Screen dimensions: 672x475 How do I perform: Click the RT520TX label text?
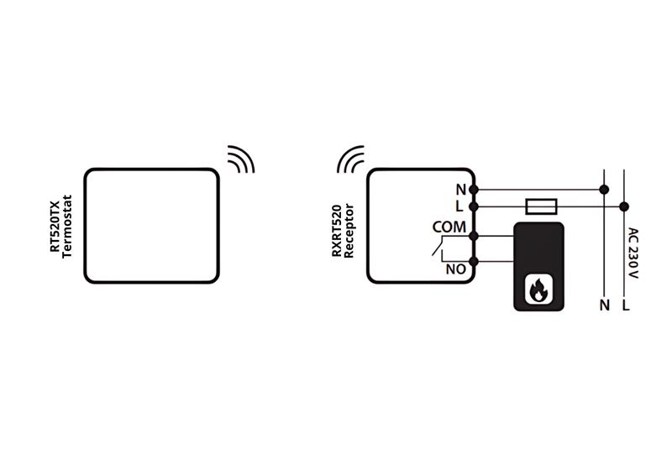55,227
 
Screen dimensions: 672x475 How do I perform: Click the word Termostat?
67,227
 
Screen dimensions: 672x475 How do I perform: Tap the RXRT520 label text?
337,231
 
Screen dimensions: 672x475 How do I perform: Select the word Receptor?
349,231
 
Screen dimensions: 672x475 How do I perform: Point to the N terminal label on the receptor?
460,190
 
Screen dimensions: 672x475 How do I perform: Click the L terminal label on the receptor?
459,207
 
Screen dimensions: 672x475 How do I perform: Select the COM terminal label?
449,227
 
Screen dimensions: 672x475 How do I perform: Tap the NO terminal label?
455,269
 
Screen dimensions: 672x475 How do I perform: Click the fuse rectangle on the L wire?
541,206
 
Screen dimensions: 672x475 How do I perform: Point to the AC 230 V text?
633,253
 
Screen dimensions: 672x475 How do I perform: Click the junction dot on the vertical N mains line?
604,190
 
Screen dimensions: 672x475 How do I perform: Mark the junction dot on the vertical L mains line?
624,207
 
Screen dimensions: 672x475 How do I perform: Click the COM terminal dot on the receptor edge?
474,236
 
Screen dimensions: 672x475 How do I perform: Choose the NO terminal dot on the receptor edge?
474,261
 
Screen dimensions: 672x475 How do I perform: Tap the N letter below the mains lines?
605,305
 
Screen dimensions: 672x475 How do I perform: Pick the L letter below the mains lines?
626,305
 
